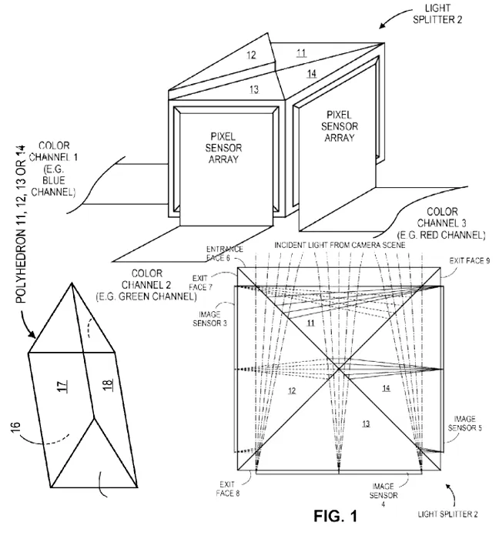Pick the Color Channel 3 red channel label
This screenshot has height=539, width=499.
440,223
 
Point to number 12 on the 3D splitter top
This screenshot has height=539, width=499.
251,56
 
